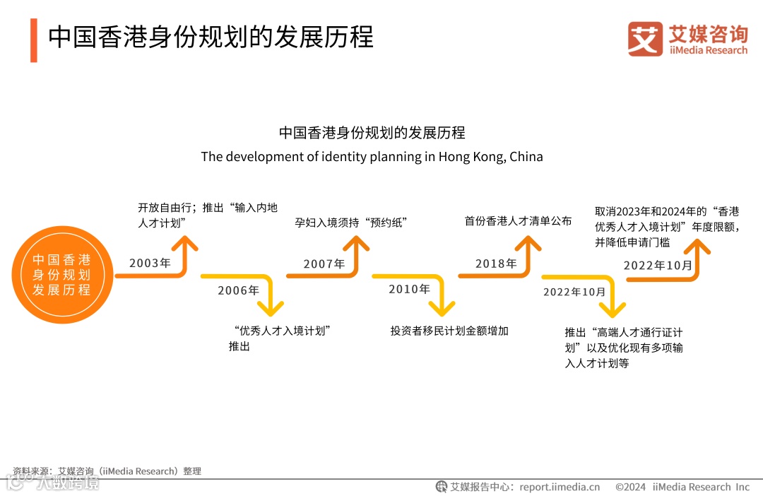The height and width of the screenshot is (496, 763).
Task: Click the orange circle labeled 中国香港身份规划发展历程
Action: click(x=61, y=276)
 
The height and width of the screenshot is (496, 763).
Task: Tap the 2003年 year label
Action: click(x=150, y=263)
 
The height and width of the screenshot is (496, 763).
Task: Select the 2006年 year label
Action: click(x=238, y=290)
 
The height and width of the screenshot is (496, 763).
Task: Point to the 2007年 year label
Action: click(x=324, y=264)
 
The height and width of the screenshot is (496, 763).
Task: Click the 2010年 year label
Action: click(x=409, y=289)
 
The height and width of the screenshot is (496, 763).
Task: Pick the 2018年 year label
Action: click(x=496, y=264)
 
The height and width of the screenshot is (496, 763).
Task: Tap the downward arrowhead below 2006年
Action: click(x=270, y=308)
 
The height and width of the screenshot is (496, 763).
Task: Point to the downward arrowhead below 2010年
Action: click(x=442, y=308)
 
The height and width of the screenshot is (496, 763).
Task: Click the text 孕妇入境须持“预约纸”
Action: click(x=351, y=223)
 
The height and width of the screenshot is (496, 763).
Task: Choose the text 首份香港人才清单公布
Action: click(x=518, y=221)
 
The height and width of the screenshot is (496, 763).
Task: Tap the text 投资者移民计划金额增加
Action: click(x=449, y=330)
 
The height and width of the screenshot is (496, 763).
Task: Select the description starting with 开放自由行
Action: click(x=208, y=215)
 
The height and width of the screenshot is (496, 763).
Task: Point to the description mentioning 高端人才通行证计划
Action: click(x=623, y=348)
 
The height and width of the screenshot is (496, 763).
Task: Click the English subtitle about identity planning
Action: click(x=372, y=156)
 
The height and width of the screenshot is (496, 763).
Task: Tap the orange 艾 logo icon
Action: click(x=645, y=39)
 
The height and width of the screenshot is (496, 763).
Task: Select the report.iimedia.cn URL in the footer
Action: click(x=559, y=487)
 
